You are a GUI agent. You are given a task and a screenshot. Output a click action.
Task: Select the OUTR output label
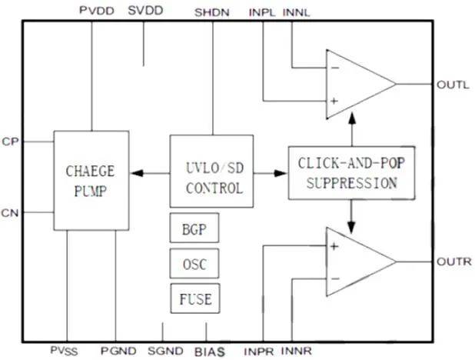pyautogui.click(x=452, y=263)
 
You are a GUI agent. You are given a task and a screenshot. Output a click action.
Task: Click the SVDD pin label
pyautogui.click(x=144, y=12)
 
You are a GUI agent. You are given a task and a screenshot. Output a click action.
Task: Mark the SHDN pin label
pyautogui.click(x=211, y=12)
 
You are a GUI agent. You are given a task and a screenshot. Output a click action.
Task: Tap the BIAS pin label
pyautogui.click(x=208, y=351)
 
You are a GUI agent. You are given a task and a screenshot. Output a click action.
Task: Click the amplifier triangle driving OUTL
pyautogui.click(x=358, y=84)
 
